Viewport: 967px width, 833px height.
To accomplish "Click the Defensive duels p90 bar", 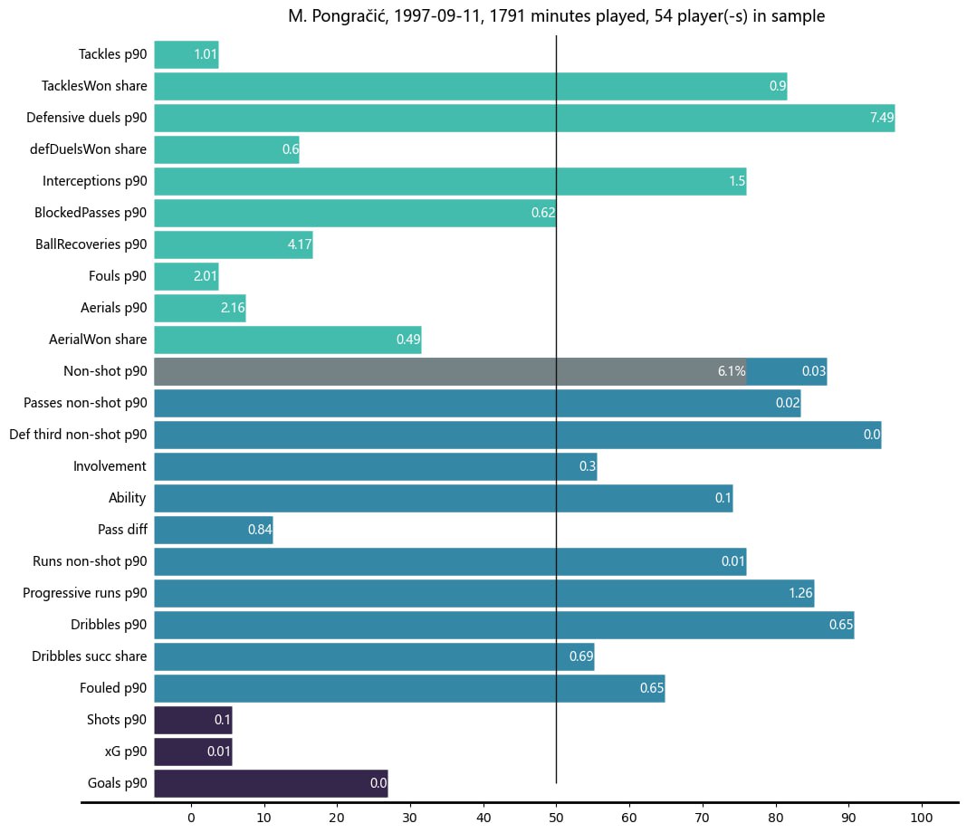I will coord(524,118).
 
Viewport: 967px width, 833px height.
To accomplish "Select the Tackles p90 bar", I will coord(186,54).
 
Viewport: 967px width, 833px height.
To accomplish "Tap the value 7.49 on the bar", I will coord(882,118).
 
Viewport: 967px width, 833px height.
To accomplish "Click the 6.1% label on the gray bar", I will coord(731,371).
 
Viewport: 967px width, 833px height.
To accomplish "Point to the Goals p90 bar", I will coord(271,783).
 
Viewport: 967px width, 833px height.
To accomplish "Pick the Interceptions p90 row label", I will coord(94,181).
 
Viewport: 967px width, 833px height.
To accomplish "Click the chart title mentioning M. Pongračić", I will coord(556,16).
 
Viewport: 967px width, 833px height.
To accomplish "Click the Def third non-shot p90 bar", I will coord(517,435).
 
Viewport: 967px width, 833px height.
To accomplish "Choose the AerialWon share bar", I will coord(287,340).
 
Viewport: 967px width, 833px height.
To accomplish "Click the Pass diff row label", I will coord(122,530).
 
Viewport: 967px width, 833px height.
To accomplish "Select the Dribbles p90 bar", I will coord(503,625).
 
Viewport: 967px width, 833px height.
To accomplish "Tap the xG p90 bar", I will coord(193,752).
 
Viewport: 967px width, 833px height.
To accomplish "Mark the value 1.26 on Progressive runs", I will coord(800,593).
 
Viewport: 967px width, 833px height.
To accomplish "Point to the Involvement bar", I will coord(375,466).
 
